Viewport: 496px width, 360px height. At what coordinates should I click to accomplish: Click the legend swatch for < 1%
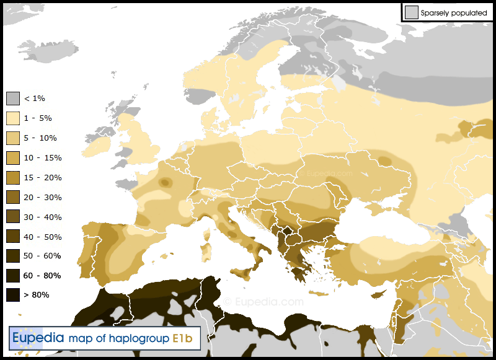click(x=13, y=99)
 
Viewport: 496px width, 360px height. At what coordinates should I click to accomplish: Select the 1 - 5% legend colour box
click(x=13, y=118)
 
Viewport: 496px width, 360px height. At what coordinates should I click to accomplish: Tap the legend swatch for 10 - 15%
click(x=13, y=158)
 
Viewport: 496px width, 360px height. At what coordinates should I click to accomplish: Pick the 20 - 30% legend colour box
click(x=13, y=198)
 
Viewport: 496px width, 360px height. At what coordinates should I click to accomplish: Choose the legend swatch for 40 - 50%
click(x=13, y=237)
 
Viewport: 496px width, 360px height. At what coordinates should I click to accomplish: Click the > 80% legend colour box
click(x=13, y=295)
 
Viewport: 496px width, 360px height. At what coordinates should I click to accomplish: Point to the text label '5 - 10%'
click(x=40, y=138)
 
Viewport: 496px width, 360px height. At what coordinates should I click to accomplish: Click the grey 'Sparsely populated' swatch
click(x=411, y=12)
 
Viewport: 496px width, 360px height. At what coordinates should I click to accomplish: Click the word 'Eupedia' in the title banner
click(x=38, y=338)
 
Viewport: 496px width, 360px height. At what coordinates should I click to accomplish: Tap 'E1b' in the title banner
click(x=184, y=338)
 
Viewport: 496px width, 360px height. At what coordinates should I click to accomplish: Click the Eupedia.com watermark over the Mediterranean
click(x=264, y=302)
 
